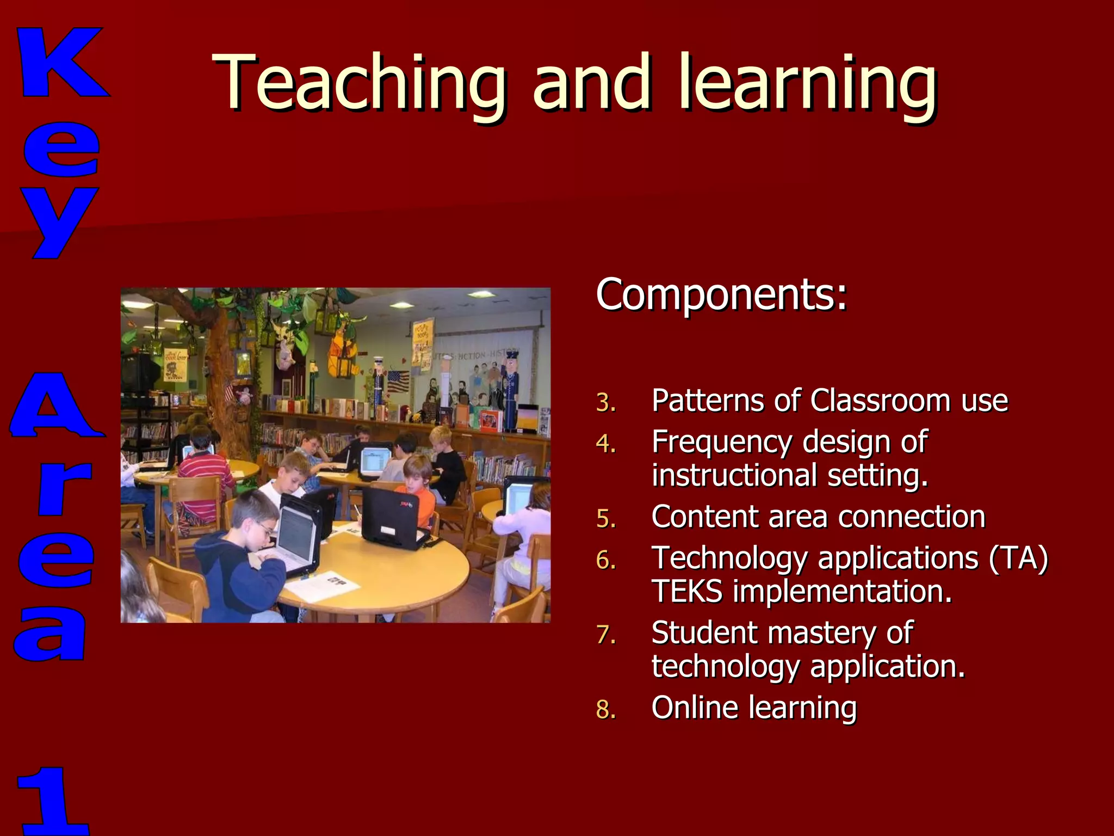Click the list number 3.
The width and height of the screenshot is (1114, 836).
tap(605, 403)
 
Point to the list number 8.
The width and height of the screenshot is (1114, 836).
tap(605, 710)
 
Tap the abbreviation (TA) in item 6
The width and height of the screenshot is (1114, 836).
tap(1018, 558)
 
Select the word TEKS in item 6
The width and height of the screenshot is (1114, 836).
tap(687, 592)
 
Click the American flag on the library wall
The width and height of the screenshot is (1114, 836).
tap(398, 381)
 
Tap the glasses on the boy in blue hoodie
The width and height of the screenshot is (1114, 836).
tap(266, 527)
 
